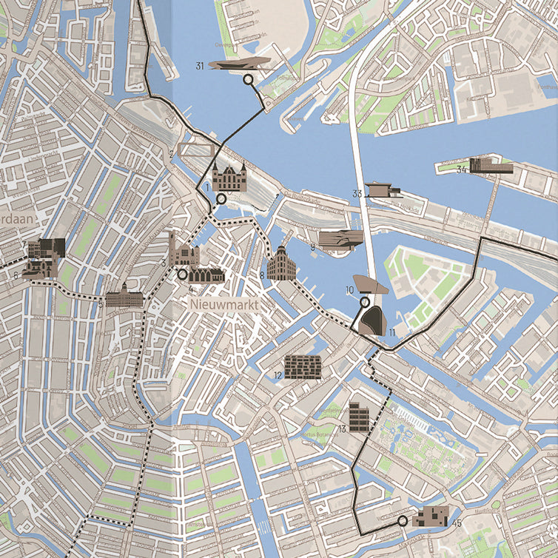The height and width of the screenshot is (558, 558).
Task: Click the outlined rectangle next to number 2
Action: point(196,150)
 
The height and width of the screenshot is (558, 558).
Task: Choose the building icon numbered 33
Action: point(382,189)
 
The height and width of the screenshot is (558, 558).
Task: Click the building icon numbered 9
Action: point(341,239)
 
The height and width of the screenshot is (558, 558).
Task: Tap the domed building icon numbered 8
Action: point(281,264)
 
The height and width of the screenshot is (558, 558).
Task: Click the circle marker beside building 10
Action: point(364,302)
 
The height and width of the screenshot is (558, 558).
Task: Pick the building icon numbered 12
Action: point(303,366)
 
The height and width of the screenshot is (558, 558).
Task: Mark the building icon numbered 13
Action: point(359,417)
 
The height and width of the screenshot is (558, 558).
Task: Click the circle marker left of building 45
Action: point(402,521)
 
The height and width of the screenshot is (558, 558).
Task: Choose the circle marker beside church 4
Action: point(182,274)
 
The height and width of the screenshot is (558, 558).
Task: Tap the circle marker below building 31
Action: point(248,79)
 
